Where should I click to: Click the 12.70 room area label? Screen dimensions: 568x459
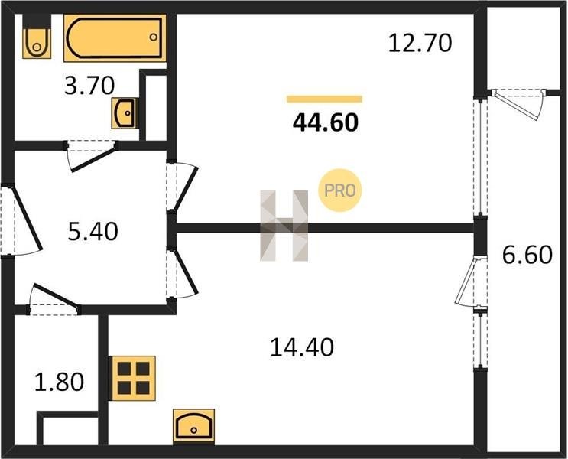420,43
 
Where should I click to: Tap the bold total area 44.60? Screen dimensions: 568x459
326,122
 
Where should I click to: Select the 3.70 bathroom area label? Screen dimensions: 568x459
89,86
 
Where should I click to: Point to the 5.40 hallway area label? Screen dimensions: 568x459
93,232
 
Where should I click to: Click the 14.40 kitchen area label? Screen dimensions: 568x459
302,347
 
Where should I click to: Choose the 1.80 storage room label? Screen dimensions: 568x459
59,382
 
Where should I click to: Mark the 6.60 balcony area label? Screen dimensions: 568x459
527,255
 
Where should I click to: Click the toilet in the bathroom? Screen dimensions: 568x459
37,36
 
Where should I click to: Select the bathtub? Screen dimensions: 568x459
115,38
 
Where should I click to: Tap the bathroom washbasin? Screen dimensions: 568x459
125,112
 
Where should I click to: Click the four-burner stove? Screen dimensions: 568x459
134,378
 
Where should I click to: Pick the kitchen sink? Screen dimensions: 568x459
194,426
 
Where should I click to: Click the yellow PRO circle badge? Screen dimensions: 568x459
339,190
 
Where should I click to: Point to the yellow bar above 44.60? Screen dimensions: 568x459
324,99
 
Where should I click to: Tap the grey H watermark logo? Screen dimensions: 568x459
284,226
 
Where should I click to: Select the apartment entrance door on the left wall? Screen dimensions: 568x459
21,221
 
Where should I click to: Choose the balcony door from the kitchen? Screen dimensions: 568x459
470,282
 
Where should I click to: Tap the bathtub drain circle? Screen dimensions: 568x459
153,37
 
